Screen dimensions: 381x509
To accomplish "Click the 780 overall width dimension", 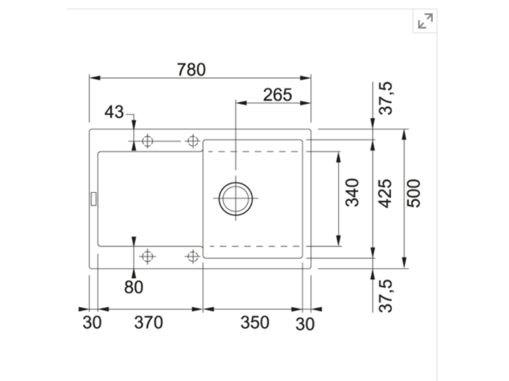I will point(191,70).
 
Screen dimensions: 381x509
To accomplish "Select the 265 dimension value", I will point(277,95).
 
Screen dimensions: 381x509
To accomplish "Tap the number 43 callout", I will point(114,113).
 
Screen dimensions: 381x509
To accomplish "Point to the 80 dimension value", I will point(134,287).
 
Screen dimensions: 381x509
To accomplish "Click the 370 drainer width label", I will point(149,322).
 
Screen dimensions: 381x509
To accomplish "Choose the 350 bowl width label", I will point(255,322).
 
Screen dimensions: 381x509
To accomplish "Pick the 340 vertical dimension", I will point(352,192).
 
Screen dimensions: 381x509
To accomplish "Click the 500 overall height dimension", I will point(415,193).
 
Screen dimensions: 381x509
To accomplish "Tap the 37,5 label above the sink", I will point(386,98).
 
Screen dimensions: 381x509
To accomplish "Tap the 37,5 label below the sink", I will point(386,296).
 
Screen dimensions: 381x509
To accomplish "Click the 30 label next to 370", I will point(92,322).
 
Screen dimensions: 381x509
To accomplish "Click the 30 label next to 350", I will point(305,324).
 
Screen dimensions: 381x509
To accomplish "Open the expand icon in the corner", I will point(425,21).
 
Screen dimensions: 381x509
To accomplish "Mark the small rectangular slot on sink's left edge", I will point(92,198).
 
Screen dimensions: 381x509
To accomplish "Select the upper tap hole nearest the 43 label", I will point(147,141).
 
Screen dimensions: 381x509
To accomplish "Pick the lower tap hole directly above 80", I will point(147,256).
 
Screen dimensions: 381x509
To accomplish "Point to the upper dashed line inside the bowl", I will point(254,151).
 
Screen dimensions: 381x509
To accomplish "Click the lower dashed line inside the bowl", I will point(254,246).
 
